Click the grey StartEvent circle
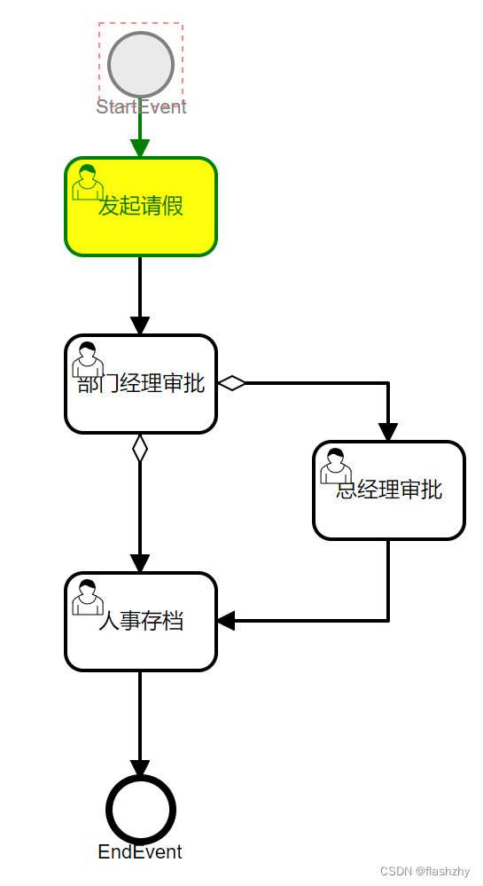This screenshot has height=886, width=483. [x=140, y=64]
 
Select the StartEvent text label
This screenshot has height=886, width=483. [x=141, y=107]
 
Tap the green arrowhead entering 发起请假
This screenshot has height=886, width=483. [x=140, y=148]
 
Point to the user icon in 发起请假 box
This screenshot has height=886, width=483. [x=87, y=182]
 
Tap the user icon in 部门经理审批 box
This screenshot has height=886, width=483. [x=87, y=359]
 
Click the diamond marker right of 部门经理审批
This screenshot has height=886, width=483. [x=232, y=383]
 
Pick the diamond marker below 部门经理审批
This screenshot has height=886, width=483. [x=140, y=448]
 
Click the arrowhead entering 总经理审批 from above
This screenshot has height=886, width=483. [x=388, y=432]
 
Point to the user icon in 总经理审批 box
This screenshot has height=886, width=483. [x=335, y=466]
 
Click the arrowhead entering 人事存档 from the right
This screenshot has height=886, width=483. [x=226, y=621]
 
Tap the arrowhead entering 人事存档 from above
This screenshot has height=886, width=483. [x=140, y=563]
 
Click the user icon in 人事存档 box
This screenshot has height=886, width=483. [x=87, y=597]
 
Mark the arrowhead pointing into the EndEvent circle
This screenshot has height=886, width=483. [x=140, y=769]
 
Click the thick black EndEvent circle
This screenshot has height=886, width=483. [x=140, y=809]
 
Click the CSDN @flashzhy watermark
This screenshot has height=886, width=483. [x=425, y=871]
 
